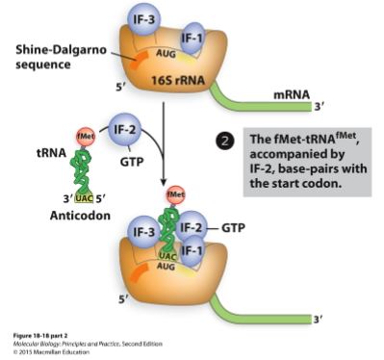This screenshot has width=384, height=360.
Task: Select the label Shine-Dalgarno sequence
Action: (50, 55)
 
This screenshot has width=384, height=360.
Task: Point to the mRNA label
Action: (292, 95)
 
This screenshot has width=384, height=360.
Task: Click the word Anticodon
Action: (83, 217)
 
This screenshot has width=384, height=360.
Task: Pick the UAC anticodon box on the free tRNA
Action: (83, 197)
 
